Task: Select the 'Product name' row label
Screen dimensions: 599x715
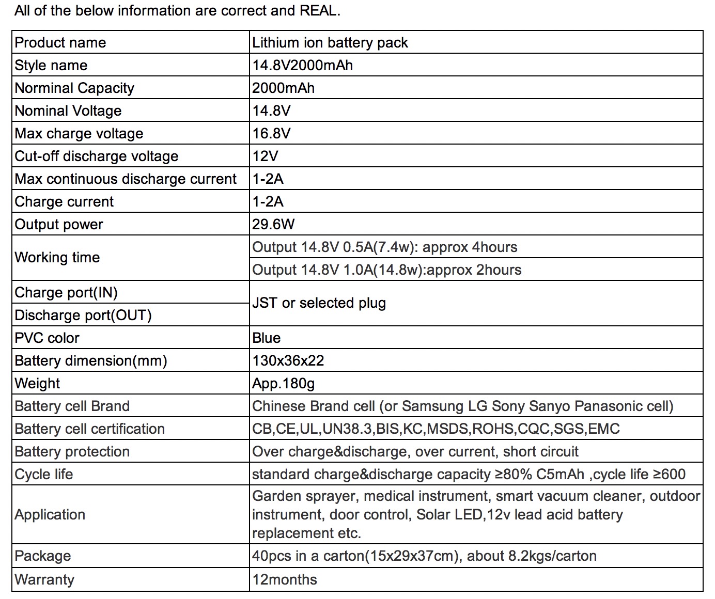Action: point(60,42)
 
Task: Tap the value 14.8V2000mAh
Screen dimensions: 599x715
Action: point(302,65)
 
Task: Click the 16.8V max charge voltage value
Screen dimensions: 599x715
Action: point(271,133)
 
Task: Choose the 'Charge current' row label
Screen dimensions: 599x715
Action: point(64,201)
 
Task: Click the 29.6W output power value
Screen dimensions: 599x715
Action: point(273,224)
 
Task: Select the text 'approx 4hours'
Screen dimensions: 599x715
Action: point(470,247)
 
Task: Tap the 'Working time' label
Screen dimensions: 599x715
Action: point(57,257)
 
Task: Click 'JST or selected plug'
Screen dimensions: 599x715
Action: point(319,303)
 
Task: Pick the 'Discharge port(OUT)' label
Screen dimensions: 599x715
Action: point(83,315)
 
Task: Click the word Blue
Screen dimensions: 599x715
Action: point(267,338)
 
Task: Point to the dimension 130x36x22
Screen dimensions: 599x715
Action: point(288,360)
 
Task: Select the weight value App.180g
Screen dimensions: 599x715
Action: point(283,383)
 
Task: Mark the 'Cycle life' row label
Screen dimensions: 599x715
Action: point(44,474)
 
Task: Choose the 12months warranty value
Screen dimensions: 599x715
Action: point(285,579)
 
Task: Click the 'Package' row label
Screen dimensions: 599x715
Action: point(43,556)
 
